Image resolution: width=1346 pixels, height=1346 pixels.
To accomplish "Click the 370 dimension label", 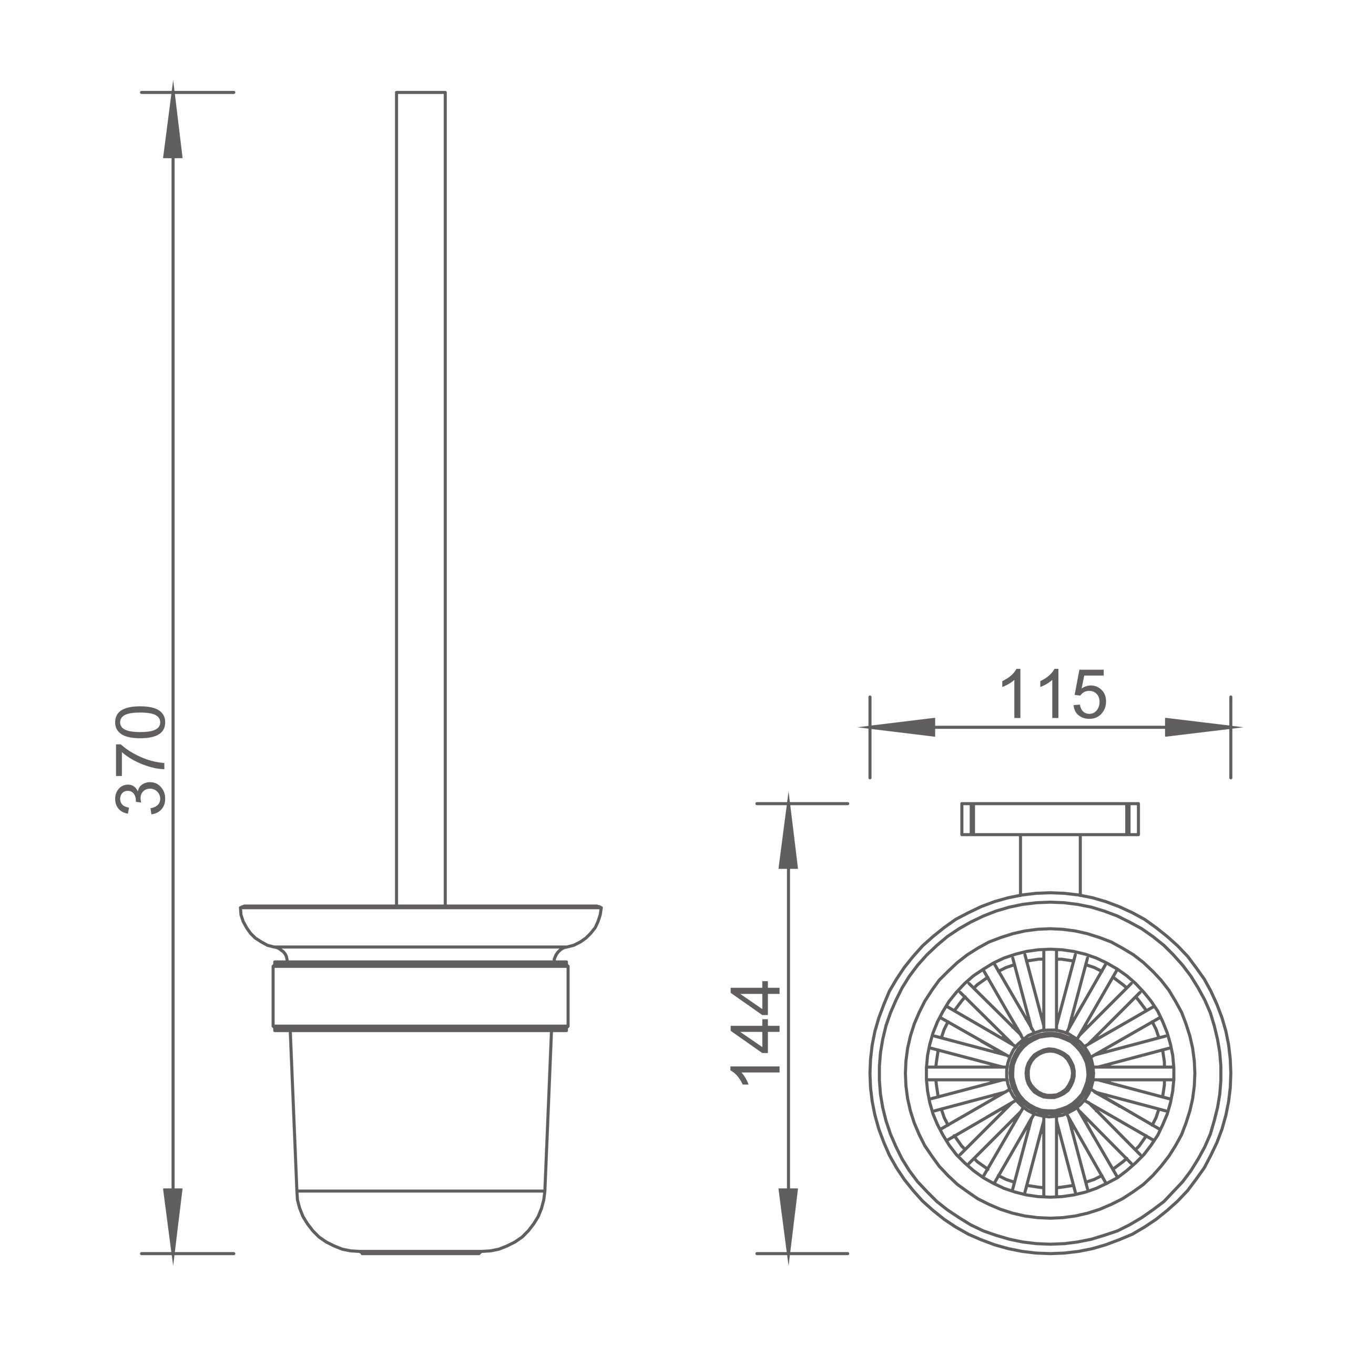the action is [140, 760].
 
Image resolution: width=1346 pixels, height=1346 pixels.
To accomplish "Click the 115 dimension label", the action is [1053, 694].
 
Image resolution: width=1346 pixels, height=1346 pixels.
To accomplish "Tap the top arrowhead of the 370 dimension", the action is [173, 120].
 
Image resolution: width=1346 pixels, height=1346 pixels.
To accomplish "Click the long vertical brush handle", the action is [421, 499].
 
